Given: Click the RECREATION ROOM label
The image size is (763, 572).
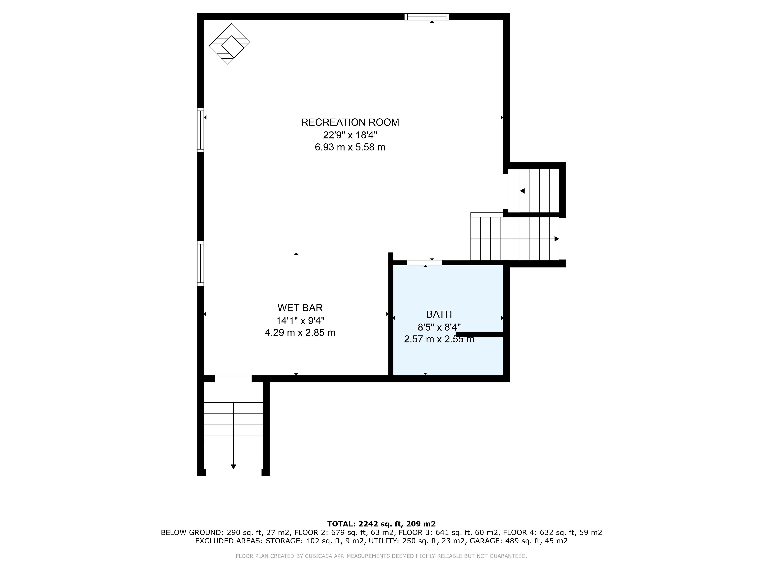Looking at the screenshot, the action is [x=350, y=122].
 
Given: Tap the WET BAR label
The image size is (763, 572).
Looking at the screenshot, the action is [x=300, y=307].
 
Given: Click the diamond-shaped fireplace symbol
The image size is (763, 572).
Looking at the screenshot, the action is [x=229, y=44].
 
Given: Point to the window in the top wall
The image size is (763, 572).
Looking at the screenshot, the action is [x=427, y=16].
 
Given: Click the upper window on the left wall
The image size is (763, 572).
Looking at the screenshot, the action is [x=200, y=130].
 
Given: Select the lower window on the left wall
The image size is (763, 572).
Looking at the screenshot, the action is [x=200, y=263].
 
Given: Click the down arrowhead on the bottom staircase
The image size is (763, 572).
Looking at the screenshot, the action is [x=233, y=467].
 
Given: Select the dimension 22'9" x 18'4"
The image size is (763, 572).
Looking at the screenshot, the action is [x=350, y=135].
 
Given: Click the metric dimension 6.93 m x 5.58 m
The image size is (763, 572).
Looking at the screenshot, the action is [x=350, y=147].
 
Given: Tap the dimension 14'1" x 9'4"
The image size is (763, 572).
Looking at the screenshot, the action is [x=300, y=321].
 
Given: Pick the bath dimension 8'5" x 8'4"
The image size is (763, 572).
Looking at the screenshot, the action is [x=439, y=327].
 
